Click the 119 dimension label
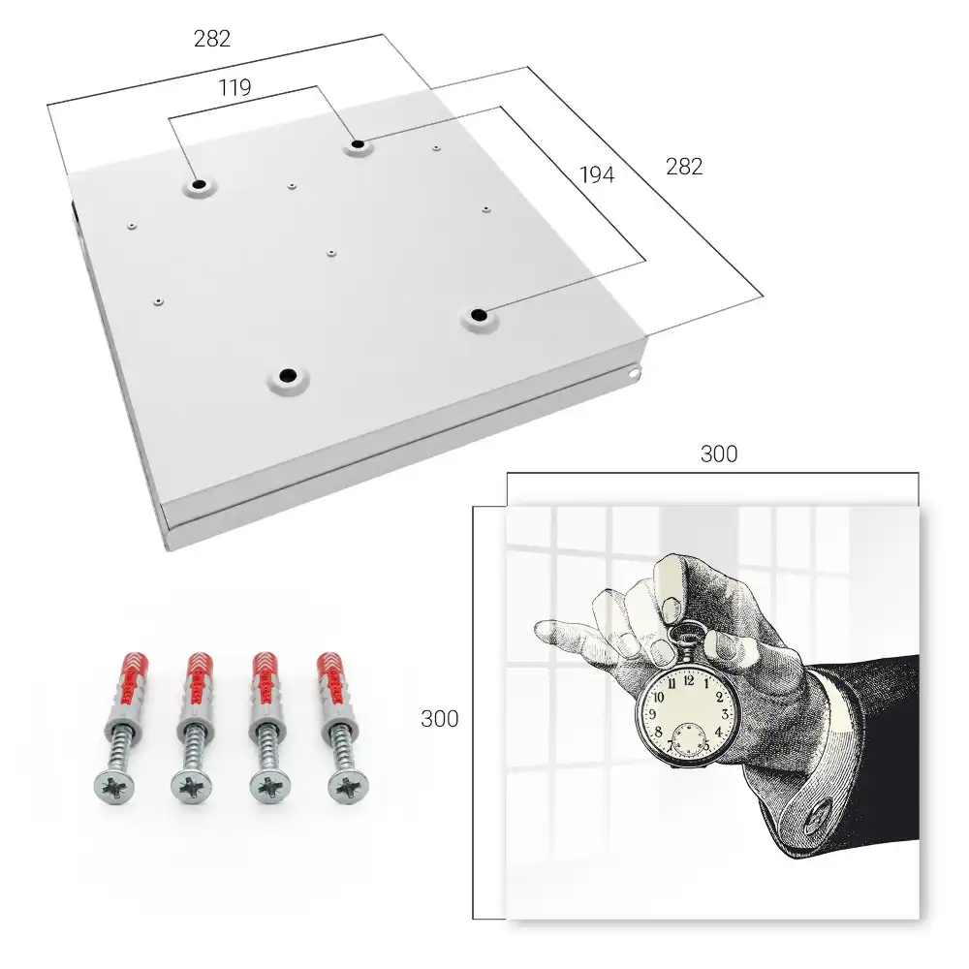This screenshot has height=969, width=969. coord(234,88)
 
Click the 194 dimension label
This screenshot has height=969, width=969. coord(597,175)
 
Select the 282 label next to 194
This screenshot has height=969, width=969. coord(684,167)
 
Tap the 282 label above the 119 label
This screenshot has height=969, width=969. coord(212,39)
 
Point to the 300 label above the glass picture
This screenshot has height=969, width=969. coord(719,454)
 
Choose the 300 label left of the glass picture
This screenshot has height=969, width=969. coord(439,719)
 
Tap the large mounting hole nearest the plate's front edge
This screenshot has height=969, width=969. coord(288,376)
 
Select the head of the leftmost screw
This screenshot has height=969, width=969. coord(114,787)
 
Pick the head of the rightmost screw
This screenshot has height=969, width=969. coord(349,787)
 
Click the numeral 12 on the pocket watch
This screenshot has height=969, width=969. coord(688,681)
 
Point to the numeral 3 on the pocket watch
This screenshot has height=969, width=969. coord(725,714)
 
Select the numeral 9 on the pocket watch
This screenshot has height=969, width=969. coord(652,714)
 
